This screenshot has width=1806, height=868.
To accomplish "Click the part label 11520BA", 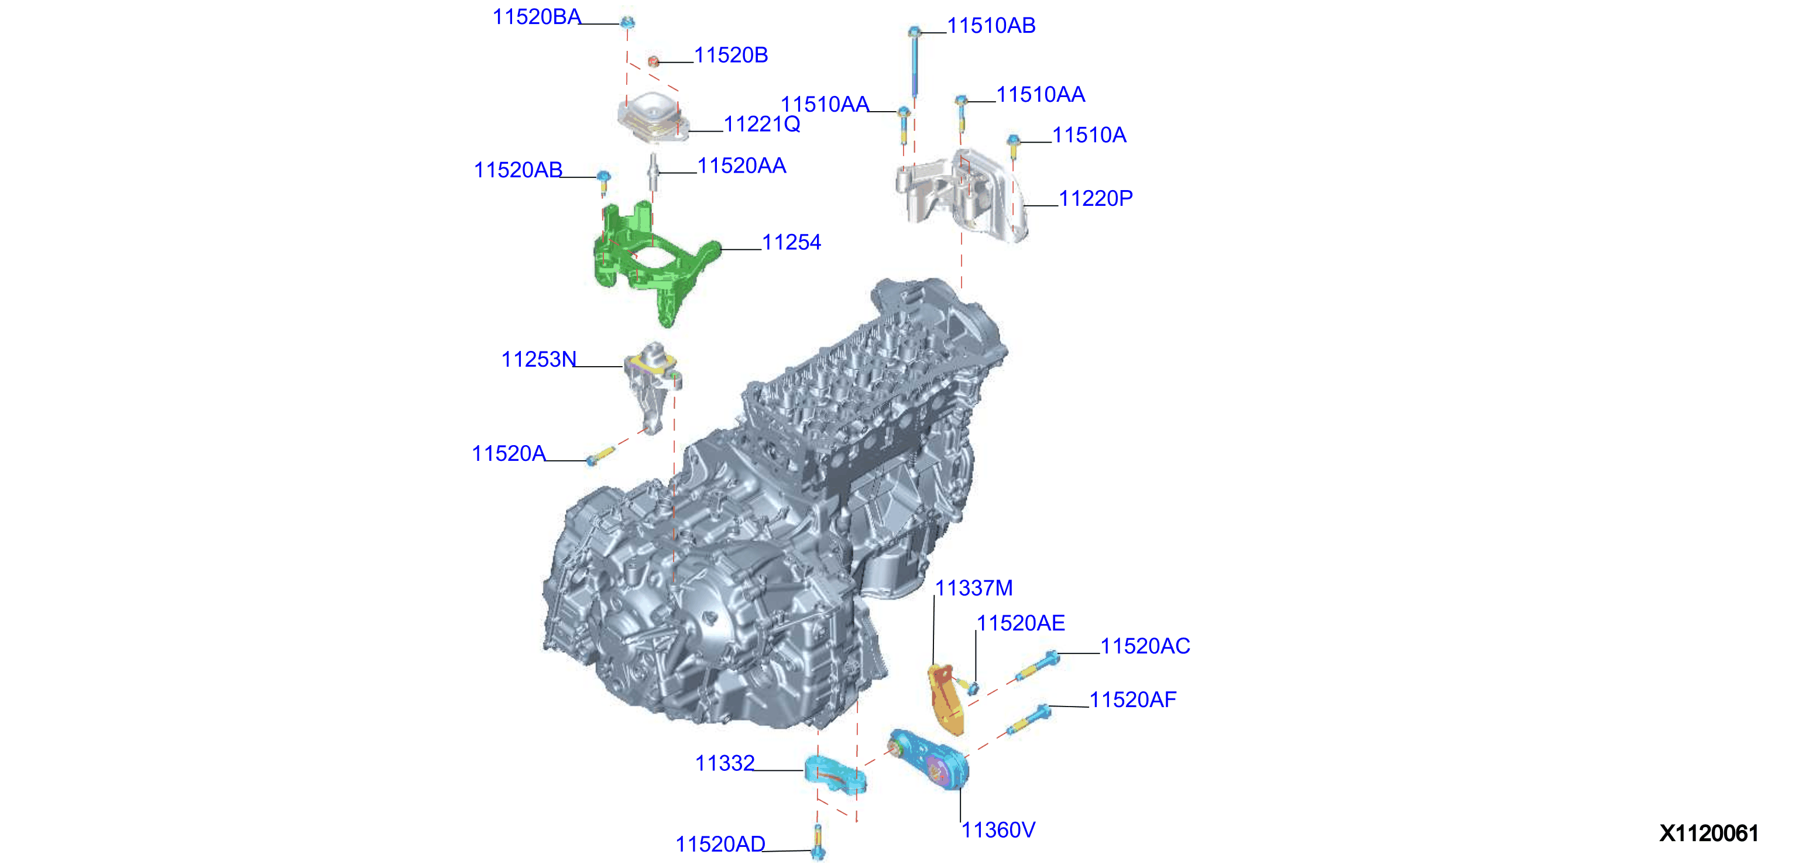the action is pos(537,17).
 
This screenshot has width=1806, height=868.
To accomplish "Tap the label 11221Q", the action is pos(762,124).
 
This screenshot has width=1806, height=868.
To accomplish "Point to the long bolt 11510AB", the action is pos(914,61).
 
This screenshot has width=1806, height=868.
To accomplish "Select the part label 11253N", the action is pos(538,359).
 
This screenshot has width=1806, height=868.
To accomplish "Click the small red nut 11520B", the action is pos(654,61).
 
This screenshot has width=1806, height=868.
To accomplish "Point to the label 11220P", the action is pos(1096,198).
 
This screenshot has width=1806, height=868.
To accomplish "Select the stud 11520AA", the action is pos(653,171).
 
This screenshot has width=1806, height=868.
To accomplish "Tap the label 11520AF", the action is pos(1133,699).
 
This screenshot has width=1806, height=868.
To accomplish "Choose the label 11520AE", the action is pos(1021,623).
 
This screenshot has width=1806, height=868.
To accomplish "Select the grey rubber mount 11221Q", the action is pos(653,118).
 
